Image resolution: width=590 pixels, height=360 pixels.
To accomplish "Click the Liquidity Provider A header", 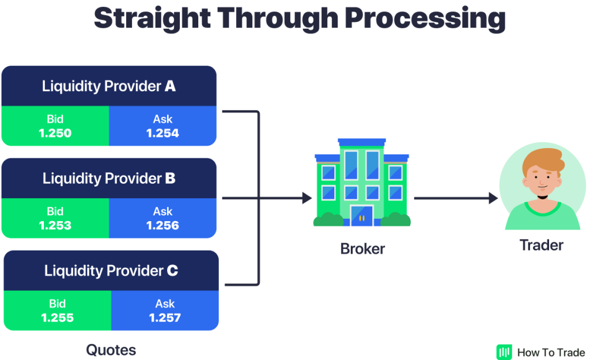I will point(109,86).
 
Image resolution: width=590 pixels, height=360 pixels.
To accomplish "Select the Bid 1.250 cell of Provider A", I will point(55,126).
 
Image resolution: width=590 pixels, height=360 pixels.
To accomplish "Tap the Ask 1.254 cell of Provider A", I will point(162,126).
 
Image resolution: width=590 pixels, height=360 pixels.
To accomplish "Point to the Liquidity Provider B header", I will point(109,179).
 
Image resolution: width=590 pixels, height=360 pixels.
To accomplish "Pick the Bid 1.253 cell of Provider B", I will point(55,218).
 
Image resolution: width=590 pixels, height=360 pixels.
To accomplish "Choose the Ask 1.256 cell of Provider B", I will point(162,218).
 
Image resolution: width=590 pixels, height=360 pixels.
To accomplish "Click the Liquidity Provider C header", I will point(111,271).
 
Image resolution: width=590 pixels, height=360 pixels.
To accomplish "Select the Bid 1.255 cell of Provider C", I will point(58,310).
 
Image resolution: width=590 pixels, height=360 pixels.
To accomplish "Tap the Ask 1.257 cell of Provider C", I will point(165,310).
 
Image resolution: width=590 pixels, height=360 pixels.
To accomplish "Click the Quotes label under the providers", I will point(111,350).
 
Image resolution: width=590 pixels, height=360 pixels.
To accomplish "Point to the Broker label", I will point(362,249).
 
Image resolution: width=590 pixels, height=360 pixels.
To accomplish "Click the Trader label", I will point(542,245).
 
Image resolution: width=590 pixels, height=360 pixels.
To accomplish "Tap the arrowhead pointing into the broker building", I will point(306,198).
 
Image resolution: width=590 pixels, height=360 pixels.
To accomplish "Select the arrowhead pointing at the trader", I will point(493,198).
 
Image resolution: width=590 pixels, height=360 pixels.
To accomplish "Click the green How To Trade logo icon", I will point(504,352).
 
